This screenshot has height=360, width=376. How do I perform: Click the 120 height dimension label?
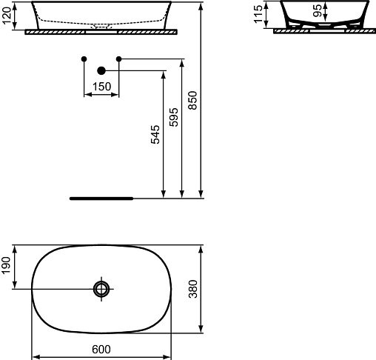click(7, 16)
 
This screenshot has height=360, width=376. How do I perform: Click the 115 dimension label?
click(258, 15)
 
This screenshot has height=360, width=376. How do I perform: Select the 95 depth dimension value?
click(318, 10)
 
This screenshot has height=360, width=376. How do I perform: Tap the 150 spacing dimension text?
click(101, 87)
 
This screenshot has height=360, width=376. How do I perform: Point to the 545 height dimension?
click(155, 135)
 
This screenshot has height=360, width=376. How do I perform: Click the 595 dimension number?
click(174, 117)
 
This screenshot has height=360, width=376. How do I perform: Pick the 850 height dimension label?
click(192, 101)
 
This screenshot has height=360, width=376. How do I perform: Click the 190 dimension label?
click(6, 265)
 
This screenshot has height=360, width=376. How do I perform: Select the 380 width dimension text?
click(193, 289)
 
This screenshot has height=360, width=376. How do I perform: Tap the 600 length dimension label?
click(101, 350)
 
